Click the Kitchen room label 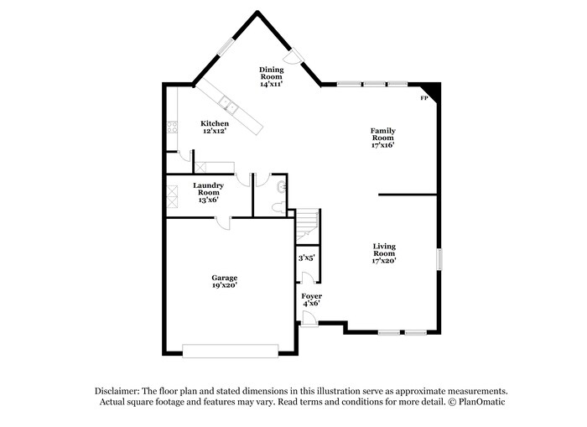pos(215,128)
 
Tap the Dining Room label pos(271,76)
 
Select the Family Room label pos(382,137)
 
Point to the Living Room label pos(384,253)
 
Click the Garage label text pos(224,281)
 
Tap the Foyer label pos(312,299)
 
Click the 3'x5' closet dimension pos(306,258)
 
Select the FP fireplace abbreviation pos(423,99)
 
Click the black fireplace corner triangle pos(430,90)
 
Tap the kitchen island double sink pos(226,104)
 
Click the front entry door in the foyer pos(309,319)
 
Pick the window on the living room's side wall pos(438,259)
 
